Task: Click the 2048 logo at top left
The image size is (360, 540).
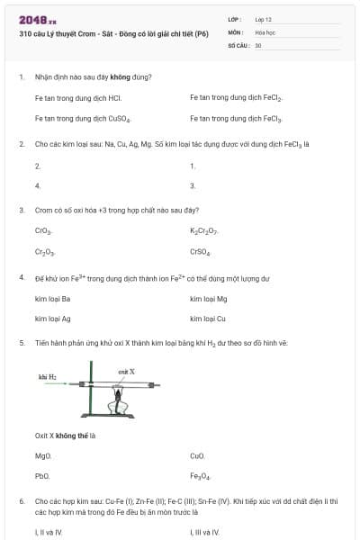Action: point(37,19)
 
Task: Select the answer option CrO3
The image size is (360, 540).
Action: point(43,231)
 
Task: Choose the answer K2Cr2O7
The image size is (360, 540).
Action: point(204,231)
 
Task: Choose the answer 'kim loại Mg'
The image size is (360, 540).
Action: point(209,298)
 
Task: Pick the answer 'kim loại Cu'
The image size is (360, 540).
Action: point(208,319)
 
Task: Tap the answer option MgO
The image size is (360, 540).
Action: point(43,455)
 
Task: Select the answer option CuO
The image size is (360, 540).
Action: point(198,455)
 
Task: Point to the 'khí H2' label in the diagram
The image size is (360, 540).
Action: point(48,375)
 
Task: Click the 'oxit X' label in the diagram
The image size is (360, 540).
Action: point(126,371)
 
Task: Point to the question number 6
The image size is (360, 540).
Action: point(21,499)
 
